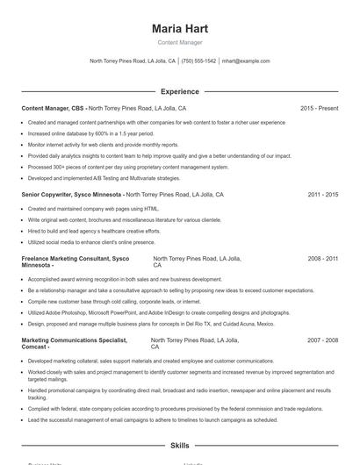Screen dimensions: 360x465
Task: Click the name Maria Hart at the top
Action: pos(179,28)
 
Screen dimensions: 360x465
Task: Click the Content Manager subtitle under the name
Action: pos(179,42)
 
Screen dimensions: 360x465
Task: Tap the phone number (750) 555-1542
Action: pos(198,61)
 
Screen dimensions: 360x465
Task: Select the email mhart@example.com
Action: pos(246,61)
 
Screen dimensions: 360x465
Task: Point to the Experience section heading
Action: pos(179,91)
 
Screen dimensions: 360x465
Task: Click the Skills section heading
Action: pos(179,446)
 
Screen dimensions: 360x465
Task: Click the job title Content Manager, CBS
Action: pos(53,108)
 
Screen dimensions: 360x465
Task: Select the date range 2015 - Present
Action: pos(319,108)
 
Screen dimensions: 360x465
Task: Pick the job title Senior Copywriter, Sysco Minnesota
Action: pos(72,195)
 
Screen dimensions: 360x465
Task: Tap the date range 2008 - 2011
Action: pos(322,259)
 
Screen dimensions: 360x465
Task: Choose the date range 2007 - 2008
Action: pos(322,340)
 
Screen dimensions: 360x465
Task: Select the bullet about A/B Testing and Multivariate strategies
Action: pos(104,177)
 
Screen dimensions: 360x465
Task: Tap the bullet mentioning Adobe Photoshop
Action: pos(158,312)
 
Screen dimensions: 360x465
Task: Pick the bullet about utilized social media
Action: pos(91,241)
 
